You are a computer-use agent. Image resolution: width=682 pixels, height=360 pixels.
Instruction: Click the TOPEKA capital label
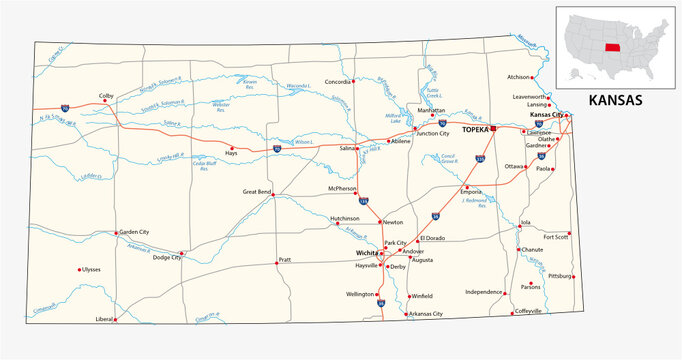473,130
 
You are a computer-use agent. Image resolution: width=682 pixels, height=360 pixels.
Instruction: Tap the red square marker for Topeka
493,129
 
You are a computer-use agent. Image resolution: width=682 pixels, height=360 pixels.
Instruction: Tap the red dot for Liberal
115,320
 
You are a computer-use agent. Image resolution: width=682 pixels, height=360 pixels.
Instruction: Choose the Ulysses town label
91,270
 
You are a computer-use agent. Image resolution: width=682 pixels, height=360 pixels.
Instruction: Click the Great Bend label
258,190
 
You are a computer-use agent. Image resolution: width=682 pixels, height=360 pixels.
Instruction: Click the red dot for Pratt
277,263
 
